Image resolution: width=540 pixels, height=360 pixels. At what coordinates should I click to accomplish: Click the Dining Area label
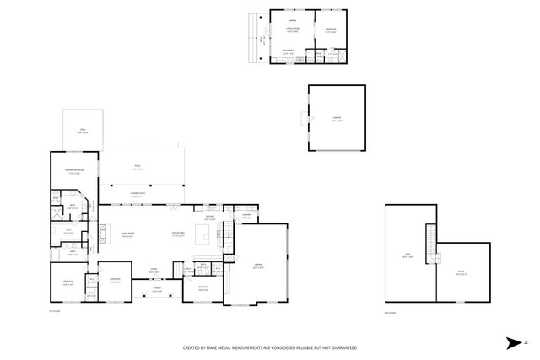179,234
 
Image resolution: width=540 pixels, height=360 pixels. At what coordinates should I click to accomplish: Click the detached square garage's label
337,120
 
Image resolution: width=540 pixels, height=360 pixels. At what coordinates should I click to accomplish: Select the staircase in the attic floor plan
430,243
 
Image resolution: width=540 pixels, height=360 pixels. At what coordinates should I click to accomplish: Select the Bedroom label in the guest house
330,30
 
